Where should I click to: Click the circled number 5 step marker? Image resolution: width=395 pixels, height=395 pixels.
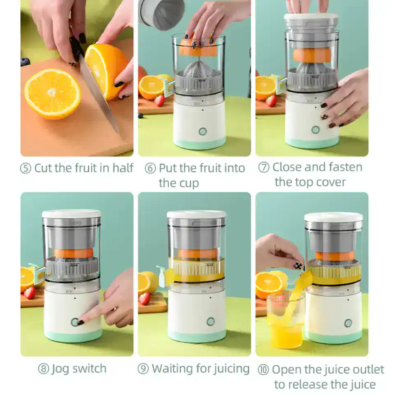pos(26,169)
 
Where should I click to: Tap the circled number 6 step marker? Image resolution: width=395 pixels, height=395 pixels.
pos(151,169)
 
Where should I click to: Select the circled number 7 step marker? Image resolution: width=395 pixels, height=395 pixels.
pos(264,167)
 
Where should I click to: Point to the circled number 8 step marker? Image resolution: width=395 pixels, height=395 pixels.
pos(44,369)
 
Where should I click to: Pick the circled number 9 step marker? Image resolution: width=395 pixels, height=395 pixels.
pos(143,369)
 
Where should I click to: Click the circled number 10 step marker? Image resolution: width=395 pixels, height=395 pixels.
pos(263,370)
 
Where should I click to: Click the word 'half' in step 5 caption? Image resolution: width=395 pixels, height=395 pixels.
pos(123,168)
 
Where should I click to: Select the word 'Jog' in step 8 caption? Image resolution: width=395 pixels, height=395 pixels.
pos(60,369)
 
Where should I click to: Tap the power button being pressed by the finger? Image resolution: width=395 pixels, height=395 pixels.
pos(74,322)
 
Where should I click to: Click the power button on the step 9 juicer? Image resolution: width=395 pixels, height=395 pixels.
pos(210,321)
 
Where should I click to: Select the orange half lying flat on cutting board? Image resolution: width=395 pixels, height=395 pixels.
pos(52,94)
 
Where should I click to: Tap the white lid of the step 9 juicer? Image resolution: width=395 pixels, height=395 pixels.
pos(196,214)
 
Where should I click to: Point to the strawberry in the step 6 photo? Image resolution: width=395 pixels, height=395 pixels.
pos(159,100)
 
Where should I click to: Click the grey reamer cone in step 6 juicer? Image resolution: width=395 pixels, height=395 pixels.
pos(199,70)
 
